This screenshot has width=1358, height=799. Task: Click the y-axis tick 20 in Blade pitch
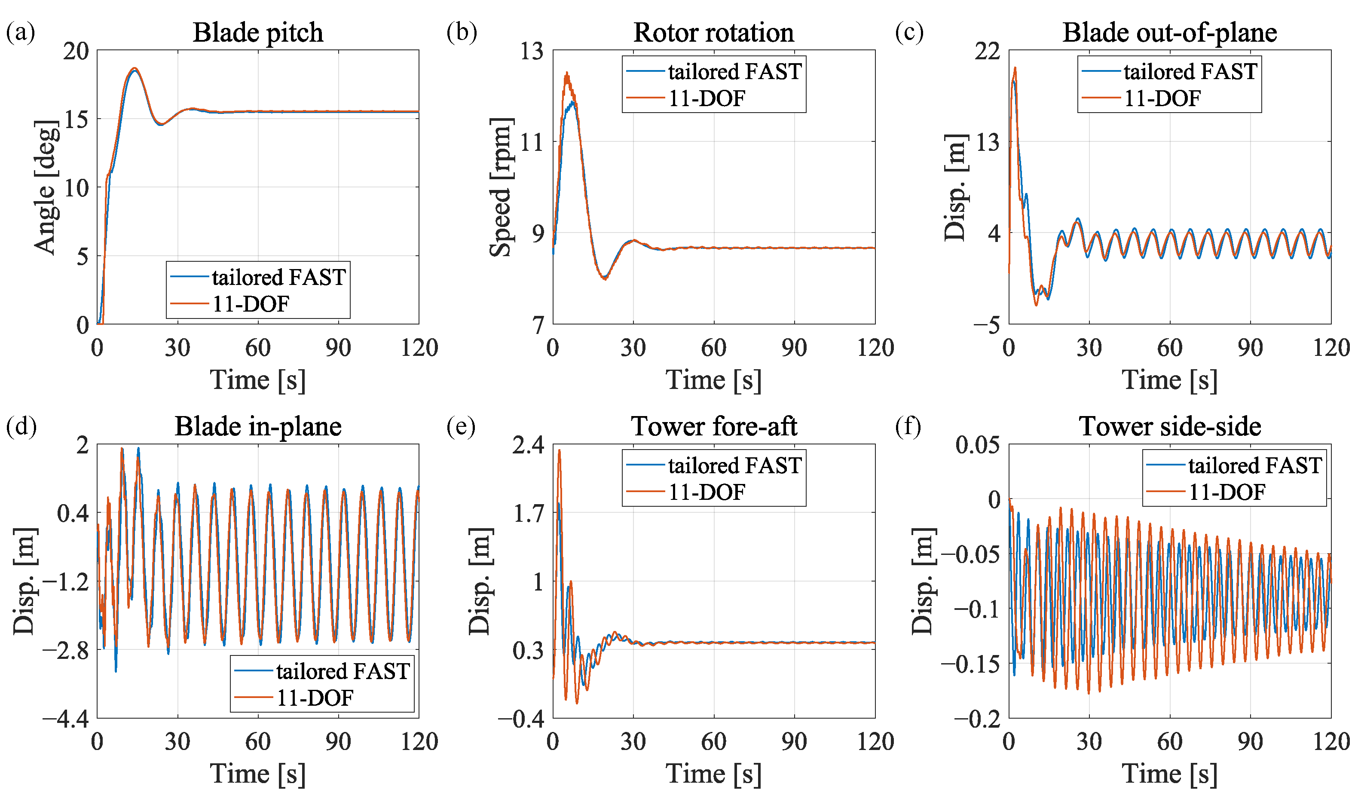pyautogui.click(x=76, y=51)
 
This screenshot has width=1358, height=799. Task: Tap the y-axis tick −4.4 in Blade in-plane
pyautogui.click(x=66, y=719)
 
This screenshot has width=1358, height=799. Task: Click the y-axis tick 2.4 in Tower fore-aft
pyautogui.click(x=528, y=445)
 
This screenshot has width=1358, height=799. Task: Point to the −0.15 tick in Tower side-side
pyautogui.click(x=970, y=664)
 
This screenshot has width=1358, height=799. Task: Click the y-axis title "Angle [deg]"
pyautogui.click(x=46, y=187)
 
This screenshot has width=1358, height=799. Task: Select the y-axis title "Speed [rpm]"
pyautogui.click(x=501, y=187)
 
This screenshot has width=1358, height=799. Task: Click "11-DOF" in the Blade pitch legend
pyautogui.click(x=251, y=304)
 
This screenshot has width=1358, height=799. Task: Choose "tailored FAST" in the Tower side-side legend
pyautogui.click(x=1255, y=465)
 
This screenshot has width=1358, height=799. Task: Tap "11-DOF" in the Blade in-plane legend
pyautogui.click(x=315, y=698)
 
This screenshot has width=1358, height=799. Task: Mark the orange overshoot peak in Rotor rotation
pyautogui.click(x=566, y=72)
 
